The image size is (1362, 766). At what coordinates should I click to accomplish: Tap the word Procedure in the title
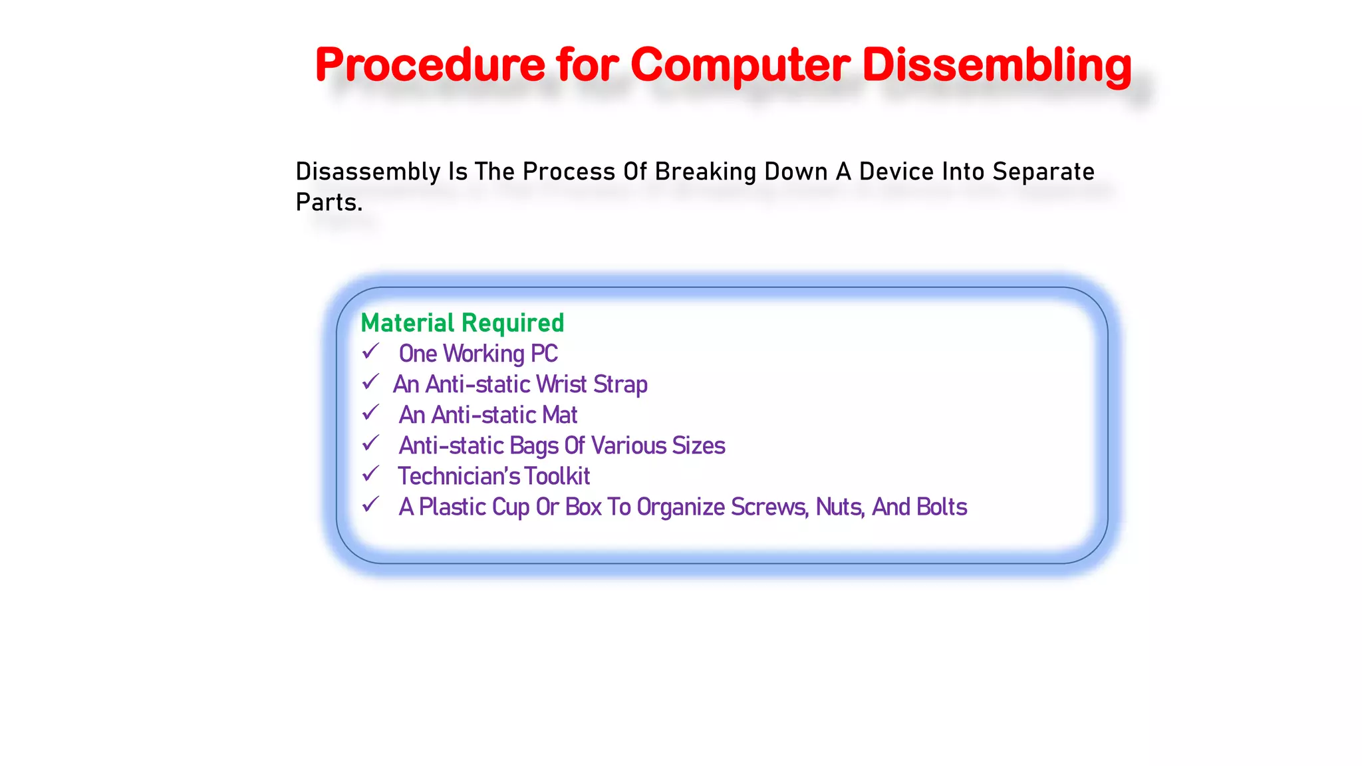tap(430, 65)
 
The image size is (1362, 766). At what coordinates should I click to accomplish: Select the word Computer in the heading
tap(740, 65)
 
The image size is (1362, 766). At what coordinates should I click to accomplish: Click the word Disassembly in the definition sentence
tap(368, 172)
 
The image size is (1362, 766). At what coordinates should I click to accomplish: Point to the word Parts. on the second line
tap(329, 202)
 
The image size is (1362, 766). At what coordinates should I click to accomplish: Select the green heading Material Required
tap(462, 323)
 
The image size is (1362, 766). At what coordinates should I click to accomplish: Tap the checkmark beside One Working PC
tap(370, 351)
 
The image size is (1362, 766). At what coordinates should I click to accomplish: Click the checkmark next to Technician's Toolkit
tap(370, 474)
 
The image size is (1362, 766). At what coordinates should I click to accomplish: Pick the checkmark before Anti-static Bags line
tap(370, 444)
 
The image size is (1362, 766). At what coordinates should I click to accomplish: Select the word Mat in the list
tap(559, 415)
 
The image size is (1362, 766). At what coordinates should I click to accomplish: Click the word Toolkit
tap(557, 476)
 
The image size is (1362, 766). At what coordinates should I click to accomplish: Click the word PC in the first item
tap(544, 354)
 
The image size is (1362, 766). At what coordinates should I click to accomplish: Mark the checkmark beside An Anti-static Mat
tap(370, 413)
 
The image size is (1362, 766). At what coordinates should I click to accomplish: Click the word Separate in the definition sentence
tap(1043, 172)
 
